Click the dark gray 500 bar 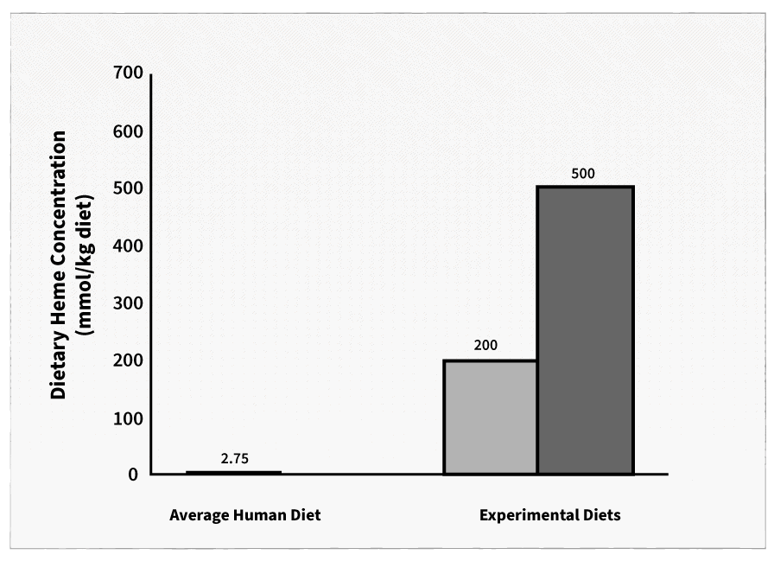click(x=586, y=330)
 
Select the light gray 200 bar click(x=491, y=418)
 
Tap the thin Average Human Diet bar click(x=233, y=472)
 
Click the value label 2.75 click(x=234, y=459)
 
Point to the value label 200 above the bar click(x=485, y=346)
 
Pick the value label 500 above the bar click(x=583, y=173)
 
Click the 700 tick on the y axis click(x=126, y=74)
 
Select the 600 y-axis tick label click(x=126, y=131)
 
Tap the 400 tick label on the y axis click(x=126, y=246)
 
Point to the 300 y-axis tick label click(x=126, y=303)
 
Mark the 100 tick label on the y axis click(x=126, y=418)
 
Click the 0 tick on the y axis click(x=133, y=475)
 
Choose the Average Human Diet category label click(x=244, y=515)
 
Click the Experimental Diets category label click(x=550, y=515)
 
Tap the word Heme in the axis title click(x=59, y=308)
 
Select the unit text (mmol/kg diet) click(x=85, y=264)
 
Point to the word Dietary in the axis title click(x=59, y=367)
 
